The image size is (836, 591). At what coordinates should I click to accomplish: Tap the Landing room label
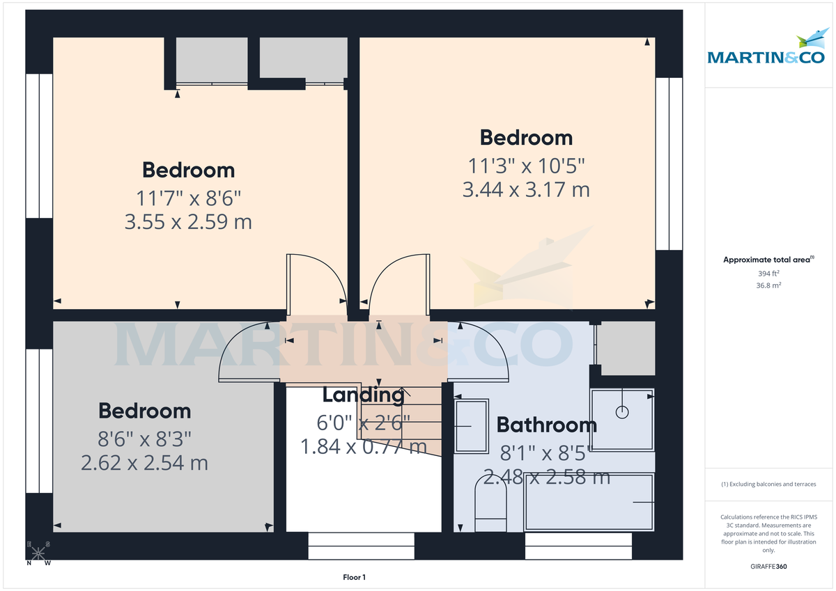(x=363, y=395)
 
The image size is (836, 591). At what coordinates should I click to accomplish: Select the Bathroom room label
(x=546, y=425)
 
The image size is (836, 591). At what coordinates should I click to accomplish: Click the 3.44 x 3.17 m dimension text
(x=526, y=189)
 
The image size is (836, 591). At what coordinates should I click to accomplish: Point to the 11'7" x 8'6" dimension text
(x=188, y=198)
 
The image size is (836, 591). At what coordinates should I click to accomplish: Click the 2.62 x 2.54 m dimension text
(x=145, y=463)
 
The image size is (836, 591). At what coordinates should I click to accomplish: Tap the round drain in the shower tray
(x=622, y=411)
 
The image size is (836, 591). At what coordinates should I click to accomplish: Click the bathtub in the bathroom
(x=589, y=502)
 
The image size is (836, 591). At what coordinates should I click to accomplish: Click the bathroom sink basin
(x=472, y=425)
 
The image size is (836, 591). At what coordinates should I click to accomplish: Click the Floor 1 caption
(x=354, y=577)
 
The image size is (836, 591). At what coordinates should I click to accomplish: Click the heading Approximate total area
(x=768, y=260)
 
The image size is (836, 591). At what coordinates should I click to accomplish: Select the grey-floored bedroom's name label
(x=145, y=411)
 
